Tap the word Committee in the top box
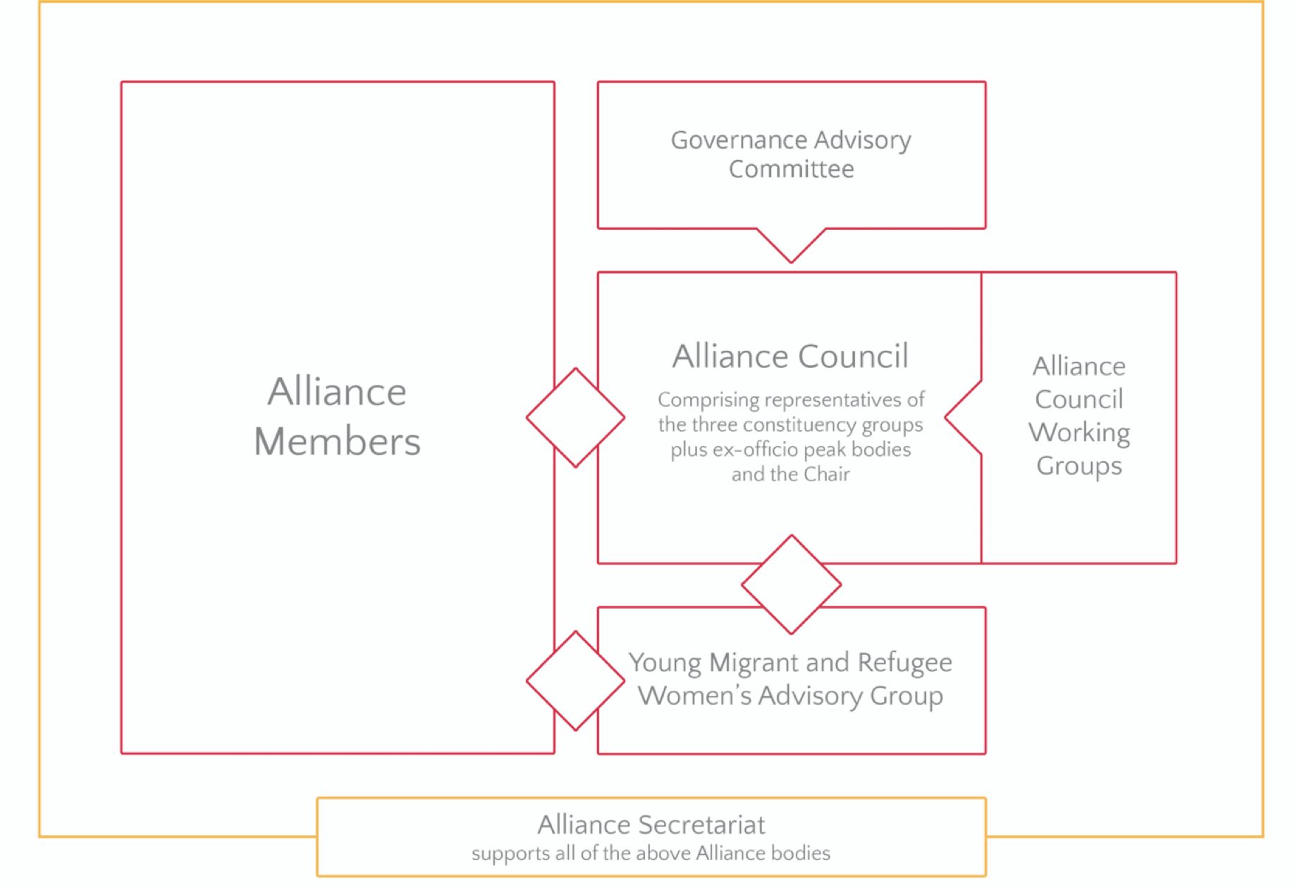pos(791,170)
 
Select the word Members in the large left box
pos(337,442)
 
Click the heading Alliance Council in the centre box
pos(790,357)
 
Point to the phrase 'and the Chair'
pos(790,474)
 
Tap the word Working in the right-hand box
pos(1078,433)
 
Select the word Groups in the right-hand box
pos(1078,467)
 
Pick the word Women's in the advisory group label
pos(694,696)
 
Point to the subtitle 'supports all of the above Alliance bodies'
pos(651,854)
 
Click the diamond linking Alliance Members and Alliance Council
pos(575,418)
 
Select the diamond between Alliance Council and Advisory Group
pos(791,585)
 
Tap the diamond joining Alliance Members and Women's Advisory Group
pos(575,681)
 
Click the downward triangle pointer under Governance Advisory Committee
pos(791,244)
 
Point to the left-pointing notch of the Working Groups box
pos(961,418)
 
